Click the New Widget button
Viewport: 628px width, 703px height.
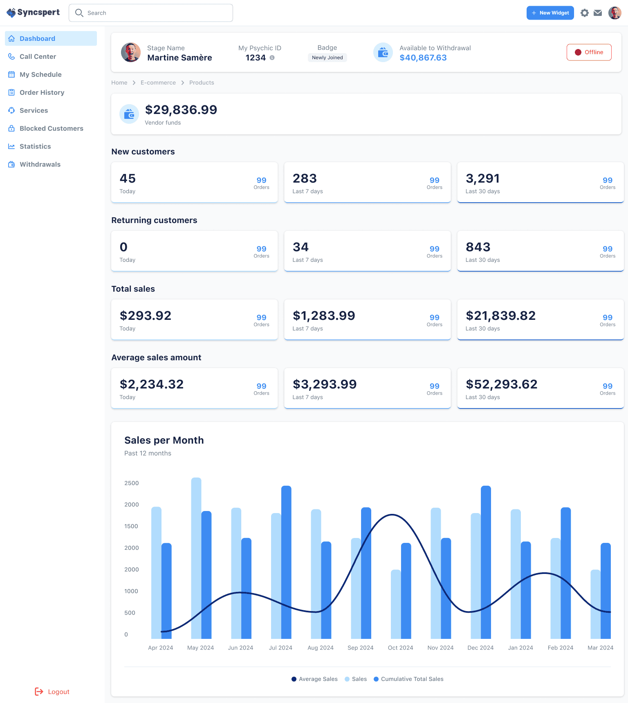550,13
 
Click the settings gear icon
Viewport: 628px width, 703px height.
585,13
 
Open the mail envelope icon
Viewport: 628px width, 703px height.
598,13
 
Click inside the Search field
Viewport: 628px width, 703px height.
151,13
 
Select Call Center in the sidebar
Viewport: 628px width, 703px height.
38,56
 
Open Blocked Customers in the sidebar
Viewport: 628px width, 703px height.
51,128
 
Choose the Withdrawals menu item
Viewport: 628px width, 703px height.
40,164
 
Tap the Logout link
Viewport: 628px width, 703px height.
52,692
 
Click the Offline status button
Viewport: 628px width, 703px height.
589,52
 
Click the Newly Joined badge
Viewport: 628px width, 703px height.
327,58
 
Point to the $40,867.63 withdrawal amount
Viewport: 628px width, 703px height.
423,58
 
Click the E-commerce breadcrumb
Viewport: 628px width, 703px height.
158,83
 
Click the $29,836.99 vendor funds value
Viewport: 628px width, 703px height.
181,109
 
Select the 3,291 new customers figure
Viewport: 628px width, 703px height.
483,179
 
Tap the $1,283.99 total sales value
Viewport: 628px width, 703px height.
324,316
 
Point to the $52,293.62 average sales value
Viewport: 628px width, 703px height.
502,384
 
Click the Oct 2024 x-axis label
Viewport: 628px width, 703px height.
400,648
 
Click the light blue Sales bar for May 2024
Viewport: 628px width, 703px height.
196,558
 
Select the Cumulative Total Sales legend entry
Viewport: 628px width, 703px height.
408,679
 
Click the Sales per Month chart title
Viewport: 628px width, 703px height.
164,440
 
